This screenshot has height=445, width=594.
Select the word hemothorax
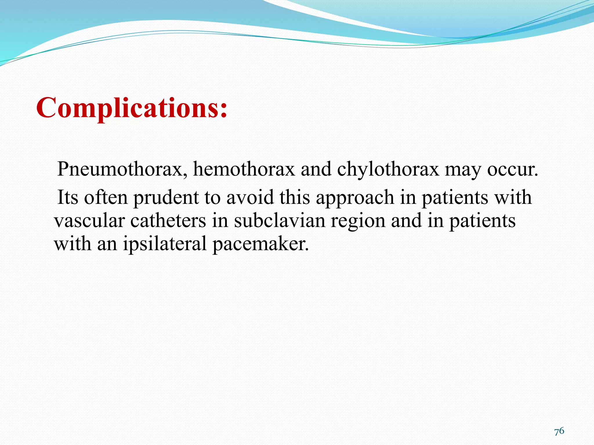pyautogui.click(x=244, y=169)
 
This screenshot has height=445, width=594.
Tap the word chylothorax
pyautogui.click(x=388, y=169)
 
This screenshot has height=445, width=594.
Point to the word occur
pyautogui.click(x=512, y=169)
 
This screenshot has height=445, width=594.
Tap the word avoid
pyautogui.click(x=250, y=197)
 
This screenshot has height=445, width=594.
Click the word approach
pyautogui.click(x=355, y=198)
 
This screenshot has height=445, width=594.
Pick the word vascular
pyautogui.click(x=89, y=221)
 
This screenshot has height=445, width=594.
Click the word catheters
pyautogui.click(x=168, y=221)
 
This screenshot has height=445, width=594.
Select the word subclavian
pyautogui.click(x=280, y=221)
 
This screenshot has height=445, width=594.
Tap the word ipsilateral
pyautogui.click(x=164, y=244)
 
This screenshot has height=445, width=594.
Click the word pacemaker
pyautogui.click(x=260, y=244)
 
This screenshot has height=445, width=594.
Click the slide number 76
pyautogui.click(x=559, y=431)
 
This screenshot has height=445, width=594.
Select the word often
pyautogui.click(x=106, y=197)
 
